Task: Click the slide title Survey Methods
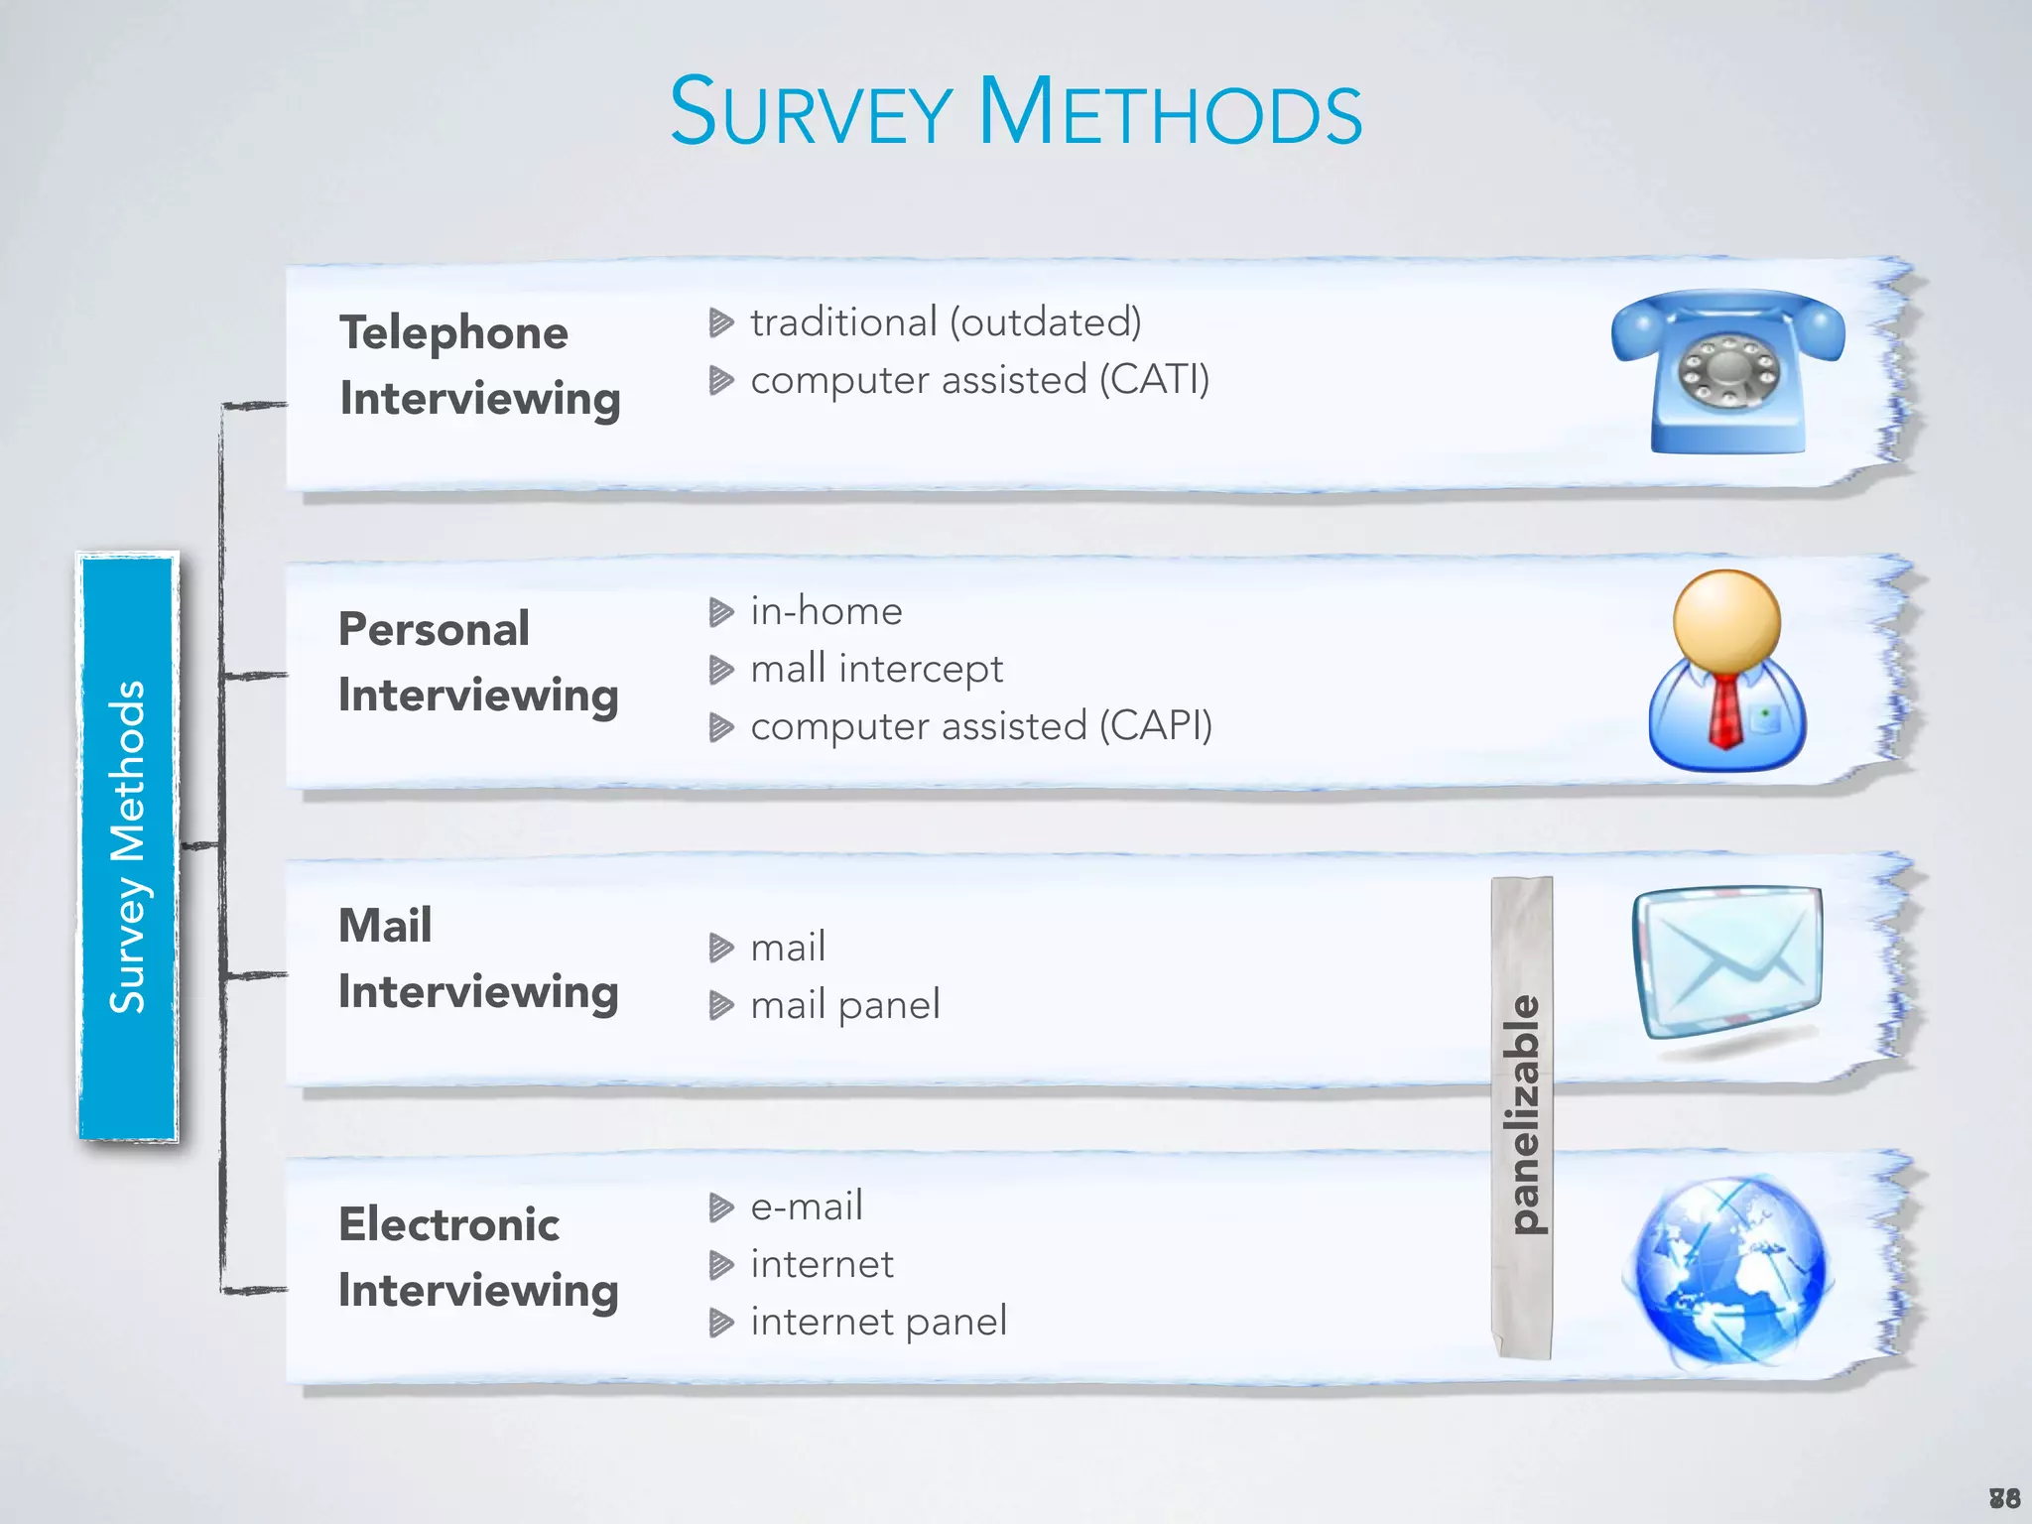(1015, 111)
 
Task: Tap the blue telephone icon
(1727, 372)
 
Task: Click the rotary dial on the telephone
(1728, 371)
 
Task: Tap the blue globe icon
(1727, 1269)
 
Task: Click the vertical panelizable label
(1522, 1116)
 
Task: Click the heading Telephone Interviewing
(479, 365)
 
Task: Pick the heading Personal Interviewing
(477, 662)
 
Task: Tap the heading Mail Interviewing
(477, 958)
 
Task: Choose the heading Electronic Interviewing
(477, 1257)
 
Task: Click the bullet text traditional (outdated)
(946, 322)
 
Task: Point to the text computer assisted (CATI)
(979, 380)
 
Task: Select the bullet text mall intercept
(876, 669)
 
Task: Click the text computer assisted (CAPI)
(981, 726)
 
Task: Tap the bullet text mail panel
(844, 1005)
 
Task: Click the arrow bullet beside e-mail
(721, 1207)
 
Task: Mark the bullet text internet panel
(878, 1322)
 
